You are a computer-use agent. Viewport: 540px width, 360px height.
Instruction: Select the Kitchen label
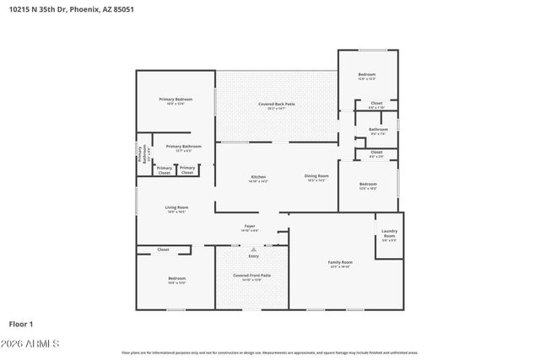point(258,177)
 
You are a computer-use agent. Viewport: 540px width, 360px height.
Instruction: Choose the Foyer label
point(251,225)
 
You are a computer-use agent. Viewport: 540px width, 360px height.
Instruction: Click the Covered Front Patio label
point(252,276)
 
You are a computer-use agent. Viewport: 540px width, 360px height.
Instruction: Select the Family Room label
point(340,262)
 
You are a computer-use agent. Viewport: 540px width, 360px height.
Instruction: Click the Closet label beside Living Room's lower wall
point(163,250)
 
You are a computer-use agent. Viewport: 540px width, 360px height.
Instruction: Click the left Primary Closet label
point(164,169)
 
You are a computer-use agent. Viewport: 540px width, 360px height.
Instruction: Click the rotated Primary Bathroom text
point(144,154)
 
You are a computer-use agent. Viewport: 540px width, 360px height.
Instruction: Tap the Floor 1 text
point(20,324)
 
